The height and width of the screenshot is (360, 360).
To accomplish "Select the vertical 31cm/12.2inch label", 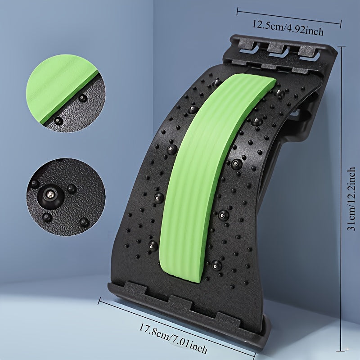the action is click(351, 199).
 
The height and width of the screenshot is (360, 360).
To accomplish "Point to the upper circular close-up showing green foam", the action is click(66, 93).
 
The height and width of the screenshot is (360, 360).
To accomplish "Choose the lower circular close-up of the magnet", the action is click(66, 197).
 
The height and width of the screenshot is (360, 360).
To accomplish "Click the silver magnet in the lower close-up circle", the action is click(51, 195).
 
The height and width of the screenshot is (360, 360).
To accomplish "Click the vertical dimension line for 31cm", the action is click(342, 199).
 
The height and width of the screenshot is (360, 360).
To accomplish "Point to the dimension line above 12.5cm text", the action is click(289, 17).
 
